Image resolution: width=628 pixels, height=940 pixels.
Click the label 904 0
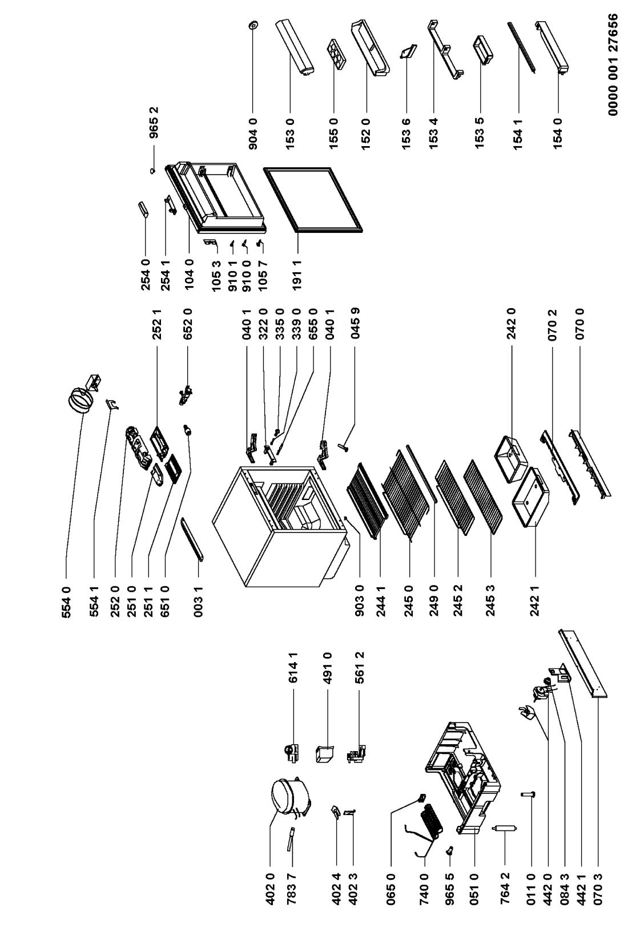click(x=253, y=132)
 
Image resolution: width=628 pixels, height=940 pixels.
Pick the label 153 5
click(x=480, y=132)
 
